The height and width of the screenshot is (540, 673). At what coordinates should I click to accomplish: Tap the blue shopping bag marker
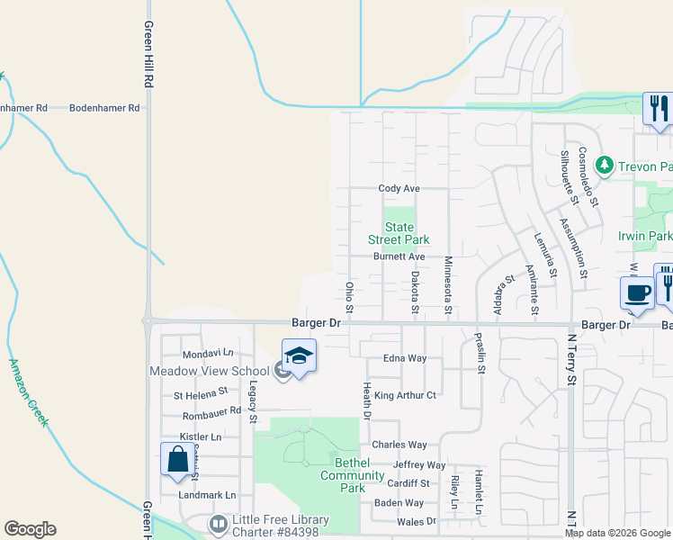[x=177, y=459]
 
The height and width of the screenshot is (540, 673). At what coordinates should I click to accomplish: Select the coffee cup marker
[x=638, y=293]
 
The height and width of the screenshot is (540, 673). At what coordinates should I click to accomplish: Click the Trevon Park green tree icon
[x=605, y=165]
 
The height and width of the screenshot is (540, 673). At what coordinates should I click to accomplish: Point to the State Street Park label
[x=399, y=233]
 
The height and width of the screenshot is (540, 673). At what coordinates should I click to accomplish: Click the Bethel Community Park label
[x=341, y=475]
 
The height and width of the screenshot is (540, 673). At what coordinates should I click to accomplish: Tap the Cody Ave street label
[x=399, y=189]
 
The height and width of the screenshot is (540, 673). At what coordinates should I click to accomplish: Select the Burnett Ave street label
[x=399, y=256]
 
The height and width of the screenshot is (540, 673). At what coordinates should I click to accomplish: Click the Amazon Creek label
[x=28, y=392]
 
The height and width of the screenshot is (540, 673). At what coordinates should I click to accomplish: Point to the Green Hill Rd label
[x=148, y=54]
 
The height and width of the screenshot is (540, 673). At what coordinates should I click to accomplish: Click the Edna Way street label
[x=405, y=358]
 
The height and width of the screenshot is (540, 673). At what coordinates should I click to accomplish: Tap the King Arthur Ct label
[x=405, y=395]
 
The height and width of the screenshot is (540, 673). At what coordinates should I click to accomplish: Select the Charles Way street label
[x=399, y=445]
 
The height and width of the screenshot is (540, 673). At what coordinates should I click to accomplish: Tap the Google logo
[x=30, y=529]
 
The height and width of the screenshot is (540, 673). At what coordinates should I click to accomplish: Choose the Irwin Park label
[x=645, y=236]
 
